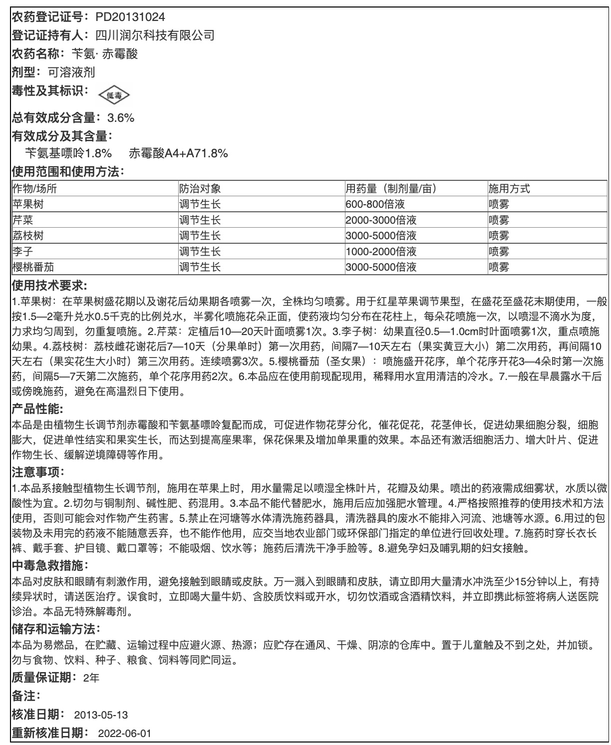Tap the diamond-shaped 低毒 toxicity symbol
click(114, 95)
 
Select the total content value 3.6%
click(121, 118)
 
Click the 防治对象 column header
click(200, 189)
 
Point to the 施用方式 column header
click(509, 189)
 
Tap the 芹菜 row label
click(23, 220)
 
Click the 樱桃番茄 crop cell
click(33, 267)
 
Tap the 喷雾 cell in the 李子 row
click(499, 251)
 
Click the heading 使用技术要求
click(49, 286)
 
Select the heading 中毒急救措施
click(49, 566)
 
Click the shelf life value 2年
click(91, 678)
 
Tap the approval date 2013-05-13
click(101, 715)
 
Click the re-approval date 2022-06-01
click(125, 733)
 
